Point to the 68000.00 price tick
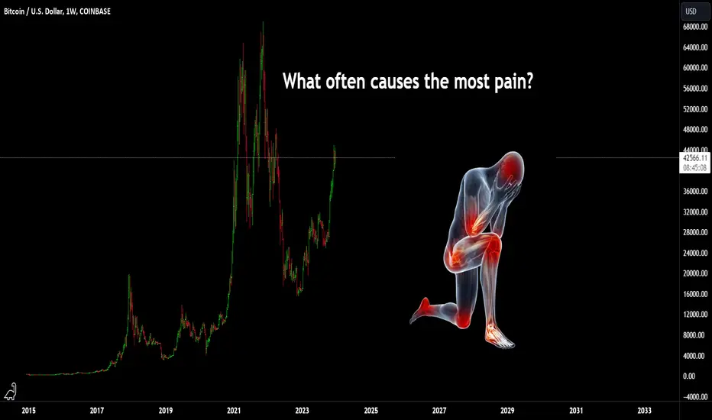[695, 27]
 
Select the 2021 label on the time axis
[234, 411]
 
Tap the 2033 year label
[644, 411]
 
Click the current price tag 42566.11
[695, 158]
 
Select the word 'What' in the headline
[301, 81]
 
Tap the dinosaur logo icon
[11, 392]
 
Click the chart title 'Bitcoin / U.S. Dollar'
[34, 11]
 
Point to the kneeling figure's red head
[513, 164]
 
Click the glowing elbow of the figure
[477, 222]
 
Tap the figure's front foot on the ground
[499, 335]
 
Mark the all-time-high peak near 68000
[263, 23]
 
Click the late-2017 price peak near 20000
[129, 276]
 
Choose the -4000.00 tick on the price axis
[695, 396]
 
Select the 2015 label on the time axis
[28, 411]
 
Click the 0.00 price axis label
[689, 376]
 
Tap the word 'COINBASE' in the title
[95, 11]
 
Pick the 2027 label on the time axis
[439, 411]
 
